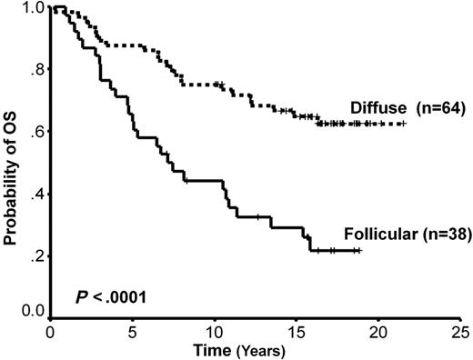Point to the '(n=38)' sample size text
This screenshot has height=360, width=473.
(x=445, y=235)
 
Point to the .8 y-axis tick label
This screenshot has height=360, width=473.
(x=35, y=71)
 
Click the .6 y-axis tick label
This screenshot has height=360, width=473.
(x=35, y=133)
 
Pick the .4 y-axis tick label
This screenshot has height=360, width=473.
(x=35, y=195)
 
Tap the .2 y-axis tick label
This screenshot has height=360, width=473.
(x=35, y=256)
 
